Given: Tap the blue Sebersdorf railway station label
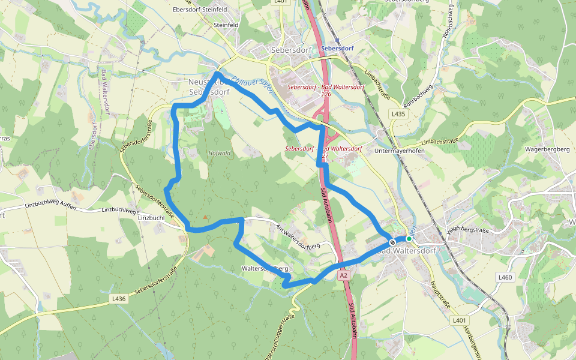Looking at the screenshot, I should (337, 48).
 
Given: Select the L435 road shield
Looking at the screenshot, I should (398, 113).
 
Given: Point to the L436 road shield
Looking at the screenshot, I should (118, 298).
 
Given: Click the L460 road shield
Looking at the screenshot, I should (505, 277).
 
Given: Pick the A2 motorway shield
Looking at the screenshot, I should (343, 275).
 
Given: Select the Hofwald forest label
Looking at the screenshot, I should (219, 153).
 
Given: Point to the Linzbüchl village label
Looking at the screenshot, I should (151, 218).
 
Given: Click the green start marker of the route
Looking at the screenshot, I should (409, 238).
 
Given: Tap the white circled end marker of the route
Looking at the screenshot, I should (392, 241).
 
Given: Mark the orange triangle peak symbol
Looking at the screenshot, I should (205, 217).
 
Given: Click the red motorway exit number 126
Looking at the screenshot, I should (326, 94).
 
